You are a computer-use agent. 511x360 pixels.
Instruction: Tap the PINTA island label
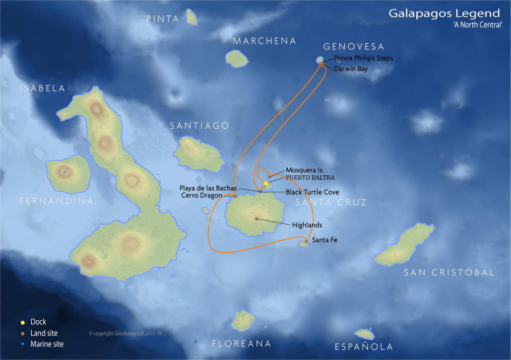click(x=163, y=19)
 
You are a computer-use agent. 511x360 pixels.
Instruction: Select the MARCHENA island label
click(x=264, y=41)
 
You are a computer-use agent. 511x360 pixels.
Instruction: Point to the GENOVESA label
click(x=354, y=47)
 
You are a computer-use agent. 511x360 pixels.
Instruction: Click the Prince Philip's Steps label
click(x=363, y=58)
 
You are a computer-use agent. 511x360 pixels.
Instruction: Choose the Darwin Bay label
click(x=351, y=69)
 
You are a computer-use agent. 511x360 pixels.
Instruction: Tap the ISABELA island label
click(x=43, y=88)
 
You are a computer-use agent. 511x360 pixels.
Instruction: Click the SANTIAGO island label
click(x=200, y=126)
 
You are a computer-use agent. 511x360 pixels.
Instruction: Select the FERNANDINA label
click(x=56, y=201)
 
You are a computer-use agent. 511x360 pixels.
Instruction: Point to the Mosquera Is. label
click(x=305, y=170)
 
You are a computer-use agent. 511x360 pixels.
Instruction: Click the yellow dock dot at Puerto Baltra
click(x=266, y=183)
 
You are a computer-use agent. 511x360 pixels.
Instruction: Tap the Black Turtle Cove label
click(x=312, y=192)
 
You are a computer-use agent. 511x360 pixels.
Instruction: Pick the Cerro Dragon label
click(x=202, y=196)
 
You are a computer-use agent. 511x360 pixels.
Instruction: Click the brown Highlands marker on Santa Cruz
click(x=256, y=218)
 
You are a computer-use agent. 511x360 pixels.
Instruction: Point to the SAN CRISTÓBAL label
click(x=449, y=273)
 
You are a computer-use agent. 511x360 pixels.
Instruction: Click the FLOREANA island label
click(x=242, y=344)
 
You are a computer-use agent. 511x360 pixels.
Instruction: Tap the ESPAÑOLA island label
click(x=364, y=347)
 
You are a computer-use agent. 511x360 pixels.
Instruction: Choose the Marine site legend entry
click(x=47, y=344)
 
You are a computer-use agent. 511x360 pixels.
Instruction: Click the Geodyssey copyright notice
click(x=125, y=334)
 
